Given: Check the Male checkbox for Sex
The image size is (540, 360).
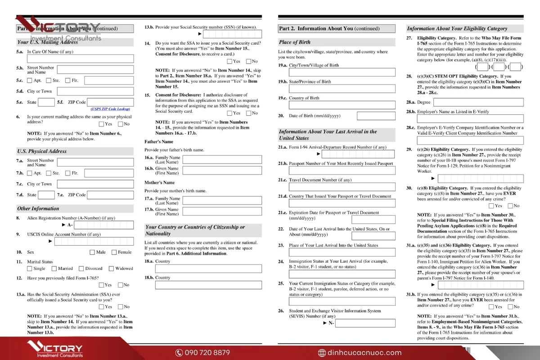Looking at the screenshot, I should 92,252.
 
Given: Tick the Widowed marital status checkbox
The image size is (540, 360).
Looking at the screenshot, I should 111,269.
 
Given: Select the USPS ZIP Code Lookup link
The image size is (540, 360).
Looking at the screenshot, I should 110,109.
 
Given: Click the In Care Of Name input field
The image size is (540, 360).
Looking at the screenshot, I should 80,59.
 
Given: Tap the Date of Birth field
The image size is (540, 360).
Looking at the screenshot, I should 376,116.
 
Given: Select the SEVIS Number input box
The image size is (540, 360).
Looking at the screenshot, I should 365,323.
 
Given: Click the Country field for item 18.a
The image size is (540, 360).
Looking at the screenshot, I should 208,269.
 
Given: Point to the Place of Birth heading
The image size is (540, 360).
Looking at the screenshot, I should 294,42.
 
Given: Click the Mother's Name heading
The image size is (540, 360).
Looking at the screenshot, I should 160,183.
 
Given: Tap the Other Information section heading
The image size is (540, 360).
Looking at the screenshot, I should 38,209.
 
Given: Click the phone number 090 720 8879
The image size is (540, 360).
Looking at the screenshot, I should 207,353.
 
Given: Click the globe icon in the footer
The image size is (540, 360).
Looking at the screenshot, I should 322,353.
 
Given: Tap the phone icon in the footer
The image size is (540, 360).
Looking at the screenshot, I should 179,353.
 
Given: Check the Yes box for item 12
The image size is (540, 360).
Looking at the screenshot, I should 101,285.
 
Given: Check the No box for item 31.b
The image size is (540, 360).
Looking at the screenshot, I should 510,307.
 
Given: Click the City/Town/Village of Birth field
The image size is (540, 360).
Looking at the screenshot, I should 342,72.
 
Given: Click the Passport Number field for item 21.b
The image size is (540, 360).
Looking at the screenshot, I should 342,171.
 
